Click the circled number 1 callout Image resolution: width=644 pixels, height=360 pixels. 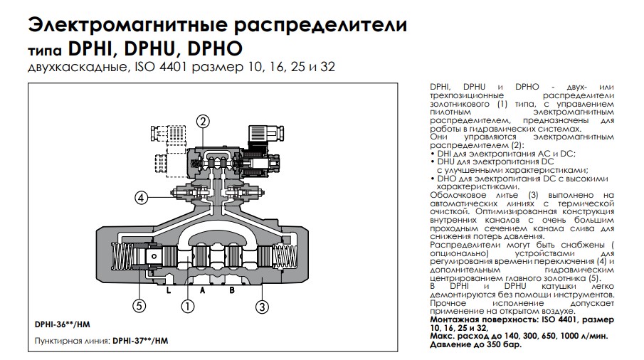188,307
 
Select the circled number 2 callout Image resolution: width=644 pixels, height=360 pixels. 203,122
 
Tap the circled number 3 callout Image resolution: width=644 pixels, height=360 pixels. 263,307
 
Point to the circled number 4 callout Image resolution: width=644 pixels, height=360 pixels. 142,198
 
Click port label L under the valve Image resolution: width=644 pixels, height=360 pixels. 168,290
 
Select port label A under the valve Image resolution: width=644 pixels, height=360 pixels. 202,290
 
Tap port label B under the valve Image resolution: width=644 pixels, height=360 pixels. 233,290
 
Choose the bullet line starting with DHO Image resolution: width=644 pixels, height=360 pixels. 519,178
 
